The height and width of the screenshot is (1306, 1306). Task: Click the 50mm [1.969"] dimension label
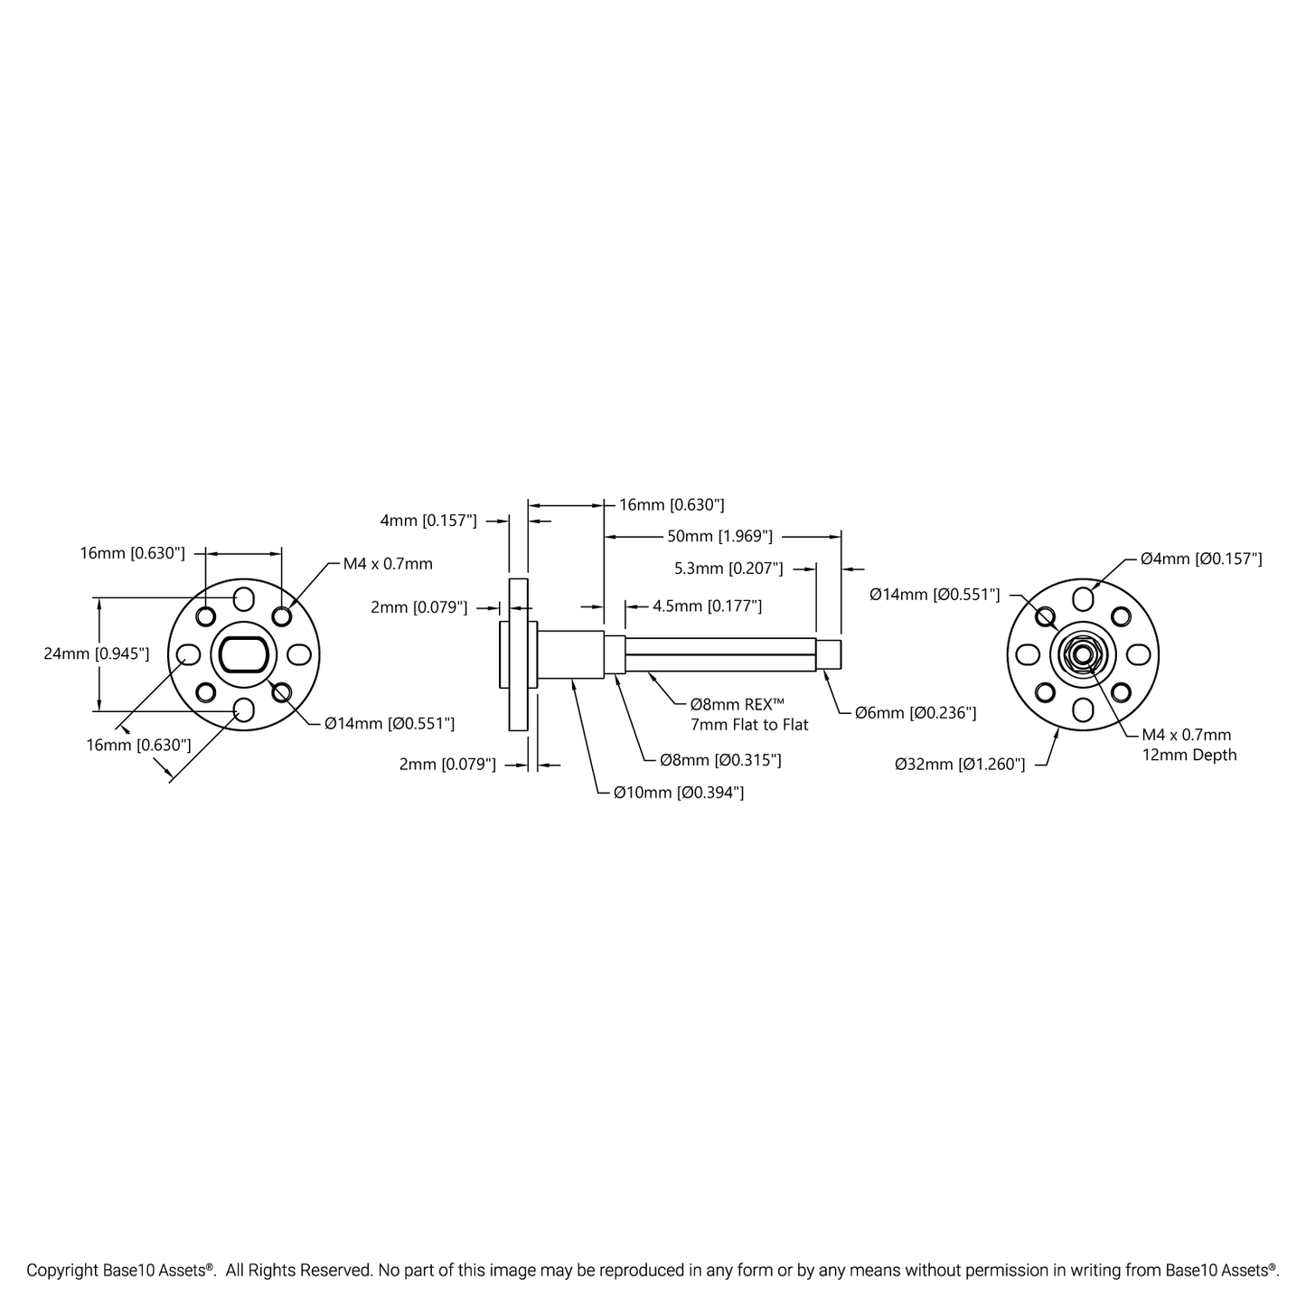click(719, 536)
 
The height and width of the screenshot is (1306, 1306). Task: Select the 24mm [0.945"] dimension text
click(97, 653)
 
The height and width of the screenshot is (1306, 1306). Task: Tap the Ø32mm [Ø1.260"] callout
click(960, 765)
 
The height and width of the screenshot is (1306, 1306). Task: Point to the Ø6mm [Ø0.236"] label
click(916, 713)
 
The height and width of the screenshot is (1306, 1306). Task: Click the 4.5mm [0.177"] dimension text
click(707, 606)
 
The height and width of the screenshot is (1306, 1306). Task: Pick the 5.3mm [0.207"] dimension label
click(728, 568)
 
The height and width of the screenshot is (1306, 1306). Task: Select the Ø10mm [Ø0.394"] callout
click(679, 793)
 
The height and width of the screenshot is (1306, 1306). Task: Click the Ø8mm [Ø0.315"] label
click(720, 760)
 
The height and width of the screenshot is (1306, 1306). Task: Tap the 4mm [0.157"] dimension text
click(428, 521)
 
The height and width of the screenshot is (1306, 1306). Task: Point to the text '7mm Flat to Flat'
click(749, 724)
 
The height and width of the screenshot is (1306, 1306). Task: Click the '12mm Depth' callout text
click(1189, 755)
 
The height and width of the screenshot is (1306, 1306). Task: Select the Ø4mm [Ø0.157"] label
click(1201, 559)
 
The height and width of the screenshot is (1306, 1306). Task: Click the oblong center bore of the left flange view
click(243, 654)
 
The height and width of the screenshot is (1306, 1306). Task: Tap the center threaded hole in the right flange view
click(1083, 654)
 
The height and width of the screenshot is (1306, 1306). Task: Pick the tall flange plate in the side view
click(519, 654)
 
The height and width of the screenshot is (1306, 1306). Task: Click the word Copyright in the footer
click(61, 1271)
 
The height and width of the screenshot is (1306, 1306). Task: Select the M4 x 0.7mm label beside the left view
click(388, 564)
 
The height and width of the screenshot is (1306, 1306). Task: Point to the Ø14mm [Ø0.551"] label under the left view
click(390, 723)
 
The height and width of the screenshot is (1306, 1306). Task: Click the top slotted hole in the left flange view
click(243, 598)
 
